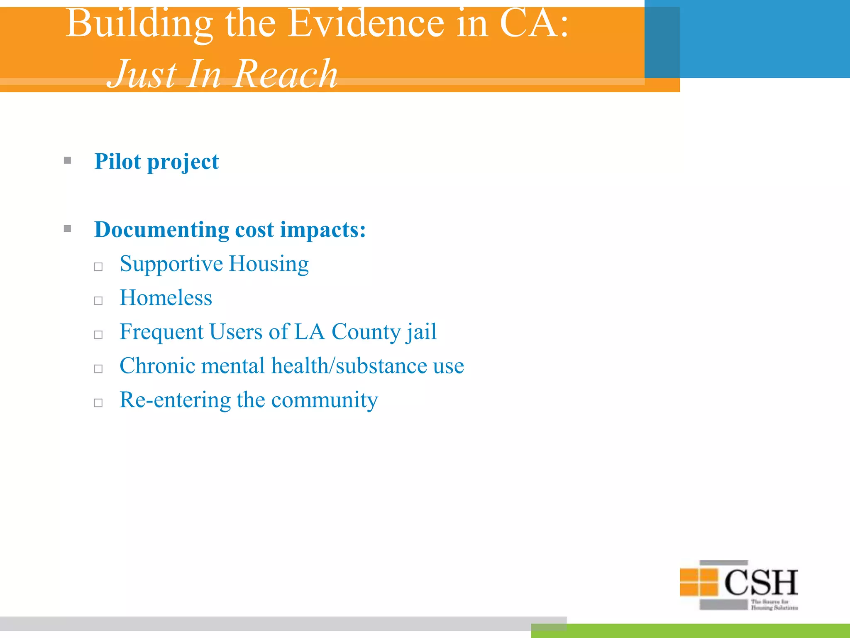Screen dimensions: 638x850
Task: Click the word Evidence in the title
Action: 366,24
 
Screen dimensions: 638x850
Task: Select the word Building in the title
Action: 139,24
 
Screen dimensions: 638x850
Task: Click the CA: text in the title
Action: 534,24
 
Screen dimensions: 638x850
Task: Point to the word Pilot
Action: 117,161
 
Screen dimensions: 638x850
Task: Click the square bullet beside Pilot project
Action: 68,160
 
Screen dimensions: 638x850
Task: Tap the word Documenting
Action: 161,229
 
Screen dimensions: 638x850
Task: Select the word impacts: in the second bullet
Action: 323,230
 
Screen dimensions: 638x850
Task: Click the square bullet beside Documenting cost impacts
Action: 68,228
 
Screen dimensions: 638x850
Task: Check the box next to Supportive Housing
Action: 98,267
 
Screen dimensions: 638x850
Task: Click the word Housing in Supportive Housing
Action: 269,265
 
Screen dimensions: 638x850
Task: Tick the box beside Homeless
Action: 98,301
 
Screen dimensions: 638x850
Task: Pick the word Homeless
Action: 166,298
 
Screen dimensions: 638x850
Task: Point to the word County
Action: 366,332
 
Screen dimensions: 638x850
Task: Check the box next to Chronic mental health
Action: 98,369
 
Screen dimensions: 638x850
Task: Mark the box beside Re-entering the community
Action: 98,403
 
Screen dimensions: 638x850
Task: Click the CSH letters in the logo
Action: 761,582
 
